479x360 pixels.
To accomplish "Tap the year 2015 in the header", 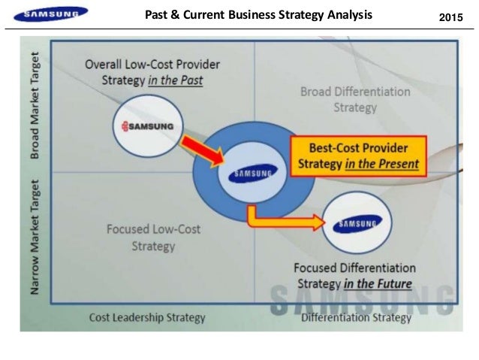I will point(450,15).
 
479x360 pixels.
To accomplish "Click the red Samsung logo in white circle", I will point(147,126).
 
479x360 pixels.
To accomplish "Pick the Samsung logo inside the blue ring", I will point(252,174).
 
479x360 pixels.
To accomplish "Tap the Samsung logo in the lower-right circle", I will point(357,223).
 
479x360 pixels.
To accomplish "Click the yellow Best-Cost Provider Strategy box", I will point(357,155).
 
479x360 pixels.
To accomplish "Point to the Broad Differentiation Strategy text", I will point(355,99).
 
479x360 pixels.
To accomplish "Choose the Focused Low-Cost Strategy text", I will point(152,237).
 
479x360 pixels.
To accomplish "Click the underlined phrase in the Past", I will point(176,80).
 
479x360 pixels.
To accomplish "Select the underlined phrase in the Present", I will point(383,162).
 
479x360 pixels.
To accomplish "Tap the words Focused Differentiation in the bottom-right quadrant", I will point(354,268).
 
